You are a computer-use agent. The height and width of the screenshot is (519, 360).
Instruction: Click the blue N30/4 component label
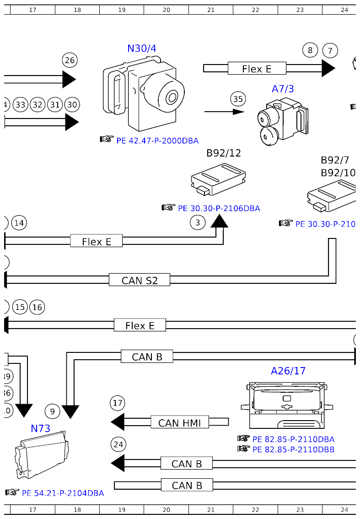(145, 48)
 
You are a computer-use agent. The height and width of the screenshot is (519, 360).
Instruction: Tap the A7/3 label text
(283, 89)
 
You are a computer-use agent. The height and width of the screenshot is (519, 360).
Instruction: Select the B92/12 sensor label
(223, 153)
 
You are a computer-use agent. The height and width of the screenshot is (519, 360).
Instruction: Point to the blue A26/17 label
(288, 371)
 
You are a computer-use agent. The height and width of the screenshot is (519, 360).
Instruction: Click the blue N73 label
(40, 428)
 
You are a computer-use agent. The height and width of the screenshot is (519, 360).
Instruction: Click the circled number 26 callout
(70, 60)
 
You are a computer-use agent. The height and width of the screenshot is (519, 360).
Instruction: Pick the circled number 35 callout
(238, 99)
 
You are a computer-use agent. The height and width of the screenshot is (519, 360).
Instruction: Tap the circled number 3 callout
(198, 223)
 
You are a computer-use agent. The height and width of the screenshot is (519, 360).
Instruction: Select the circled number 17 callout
(118, 403)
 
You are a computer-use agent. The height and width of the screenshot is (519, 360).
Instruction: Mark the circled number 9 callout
(53, 411)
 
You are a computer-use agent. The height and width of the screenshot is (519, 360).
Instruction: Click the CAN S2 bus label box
(140, 280)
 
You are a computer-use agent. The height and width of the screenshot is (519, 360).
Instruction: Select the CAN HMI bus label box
(179, 422)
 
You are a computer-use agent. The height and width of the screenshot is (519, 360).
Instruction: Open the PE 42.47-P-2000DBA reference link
(157, 141)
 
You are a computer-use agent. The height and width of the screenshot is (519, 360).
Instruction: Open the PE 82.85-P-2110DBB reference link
(293, 449)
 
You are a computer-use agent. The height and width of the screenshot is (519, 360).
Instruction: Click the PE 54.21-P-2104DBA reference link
(63, 493)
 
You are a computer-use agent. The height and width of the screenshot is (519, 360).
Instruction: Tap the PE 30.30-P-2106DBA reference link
(219, 208)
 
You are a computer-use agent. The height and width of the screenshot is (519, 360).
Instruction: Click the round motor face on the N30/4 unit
(172, 97)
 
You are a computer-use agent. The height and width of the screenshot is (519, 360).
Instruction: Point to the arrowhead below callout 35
(238, 111)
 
